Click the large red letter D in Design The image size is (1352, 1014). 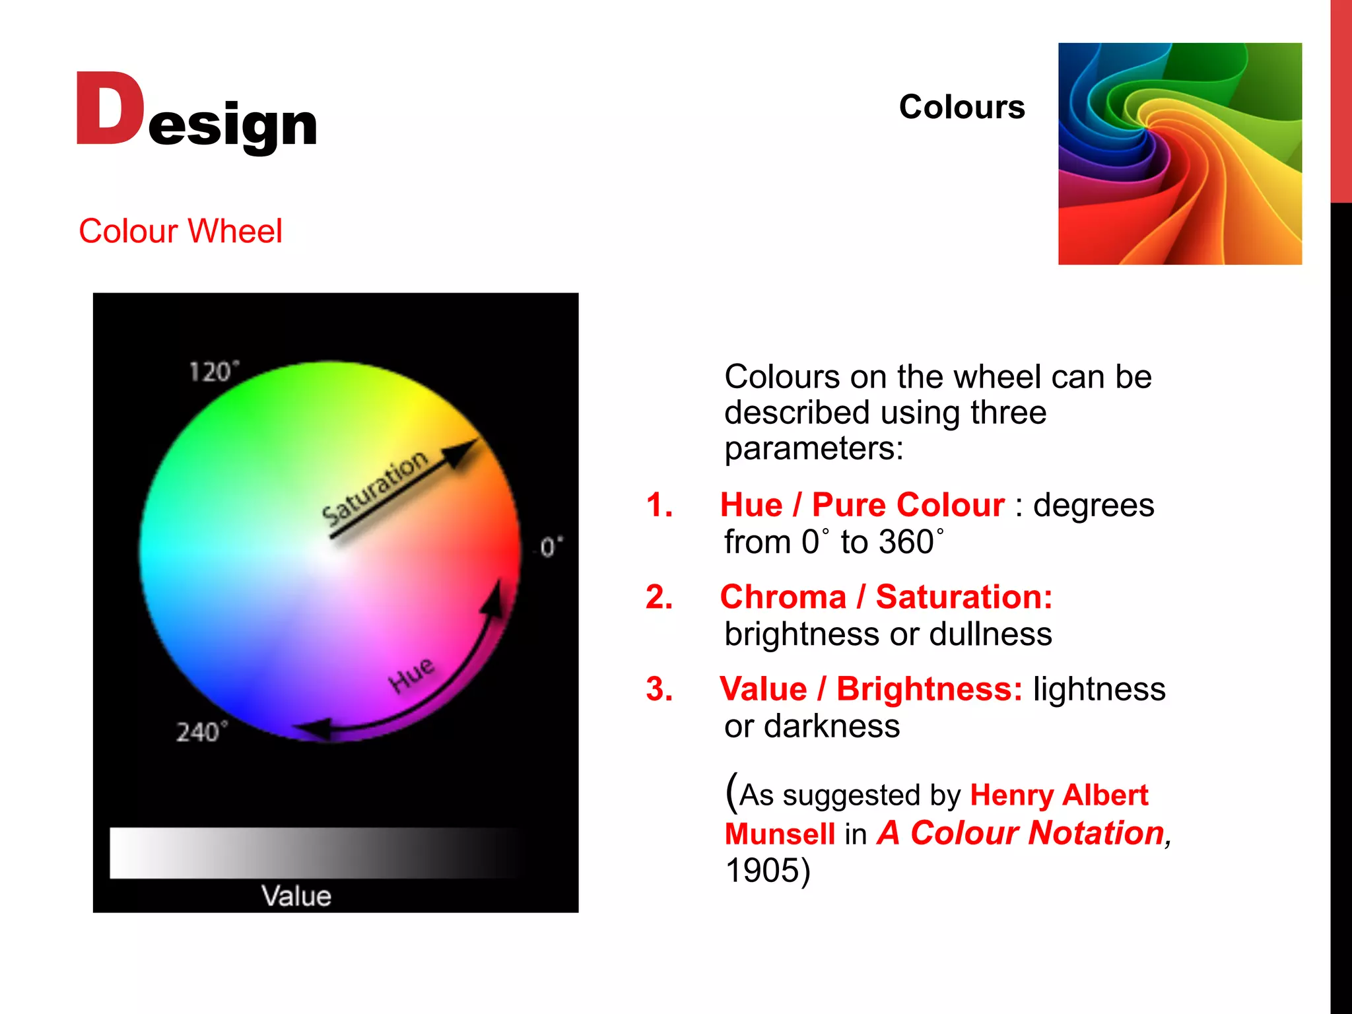click(109, 109)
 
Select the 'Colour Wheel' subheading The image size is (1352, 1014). click(180, 231)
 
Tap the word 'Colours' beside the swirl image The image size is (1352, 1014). click(961, 107)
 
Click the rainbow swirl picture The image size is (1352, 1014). click(1179, 154)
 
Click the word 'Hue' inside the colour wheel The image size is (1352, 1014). click(412, 675)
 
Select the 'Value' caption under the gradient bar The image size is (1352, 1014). click(296, 896)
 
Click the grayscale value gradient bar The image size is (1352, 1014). click(310, 853)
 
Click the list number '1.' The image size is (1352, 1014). click(659, 505)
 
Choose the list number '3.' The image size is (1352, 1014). click(659, 689)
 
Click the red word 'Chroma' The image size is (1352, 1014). click(783, 597)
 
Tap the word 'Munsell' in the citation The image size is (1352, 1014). click(780, 834)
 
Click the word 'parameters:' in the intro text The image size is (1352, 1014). click(813, 448)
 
